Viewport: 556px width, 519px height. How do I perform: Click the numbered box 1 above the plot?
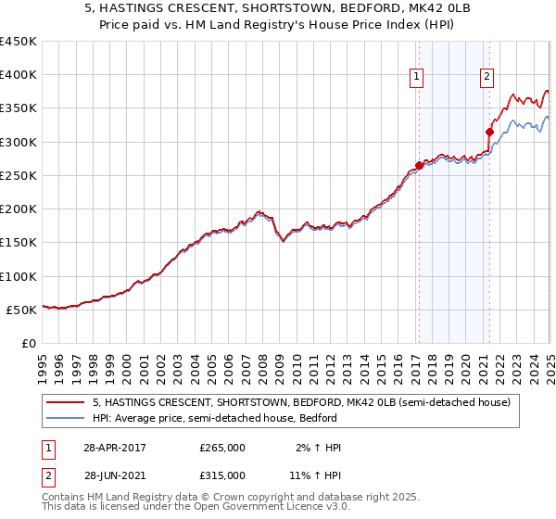417,78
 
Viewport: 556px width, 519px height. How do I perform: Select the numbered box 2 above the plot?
486,78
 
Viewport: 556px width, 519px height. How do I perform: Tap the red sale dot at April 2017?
419,166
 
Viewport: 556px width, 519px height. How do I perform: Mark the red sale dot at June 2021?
489,133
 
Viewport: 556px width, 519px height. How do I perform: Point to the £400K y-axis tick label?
18,75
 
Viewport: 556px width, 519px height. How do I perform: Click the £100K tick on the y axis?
18,276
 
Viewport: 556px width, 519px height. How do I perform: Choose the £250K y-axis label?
18,175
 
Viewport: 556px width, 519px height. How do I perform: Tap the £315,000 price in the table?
222,475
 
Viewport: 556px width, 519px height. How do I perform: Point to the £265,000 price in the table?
222,447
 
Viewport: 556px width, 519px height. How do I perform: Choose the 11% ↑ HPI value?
315,475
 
